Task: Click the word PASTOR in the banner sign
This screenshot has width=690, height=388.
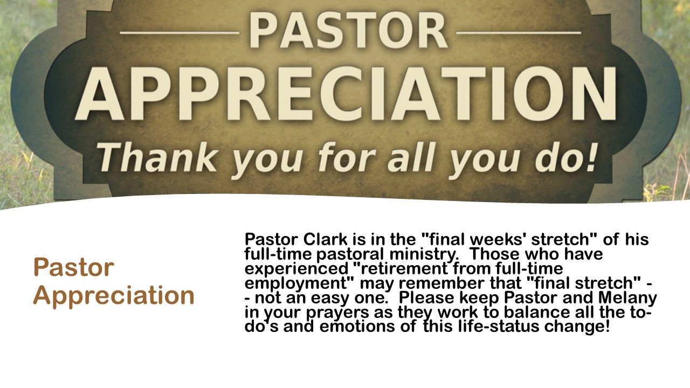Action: tap(348, 30)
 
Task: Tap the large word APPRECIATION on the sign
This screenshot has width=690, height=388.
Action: tap(346, 94)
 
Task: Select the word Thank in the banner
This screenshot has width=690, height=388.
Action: tap(157, 158)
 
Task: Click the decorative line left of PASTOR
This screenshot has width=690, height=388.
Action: tap(180, 32)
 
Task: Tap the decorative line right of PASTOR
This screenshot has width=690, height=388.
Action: tap(519, 32)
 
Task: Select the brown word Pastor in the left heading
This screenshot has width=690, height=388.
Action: tap(74, 267)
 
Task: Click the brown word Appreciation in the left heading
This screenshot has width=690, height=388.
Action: tap(114, 296)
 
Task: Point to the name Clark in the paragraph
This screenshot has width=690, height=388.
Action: tap(325, 239)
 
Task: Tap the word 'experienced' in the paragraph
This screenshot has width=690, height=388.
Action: tap(296, 269)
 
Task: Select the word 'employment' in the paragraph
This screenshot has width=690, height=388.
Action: tap(296, 283)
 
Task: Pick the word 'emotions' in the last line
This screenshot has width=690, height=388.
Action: tap(357, 327)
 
